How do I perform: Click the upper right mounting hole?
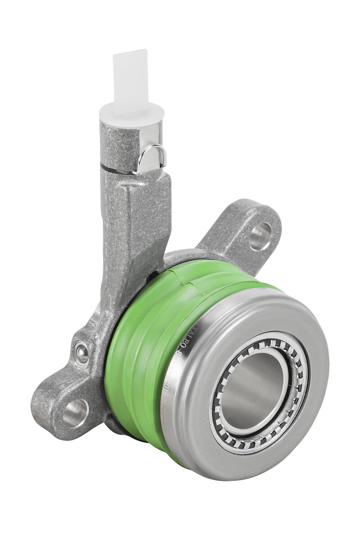coord(261,236)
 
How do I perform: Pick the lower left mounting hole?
coord(75,413)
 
